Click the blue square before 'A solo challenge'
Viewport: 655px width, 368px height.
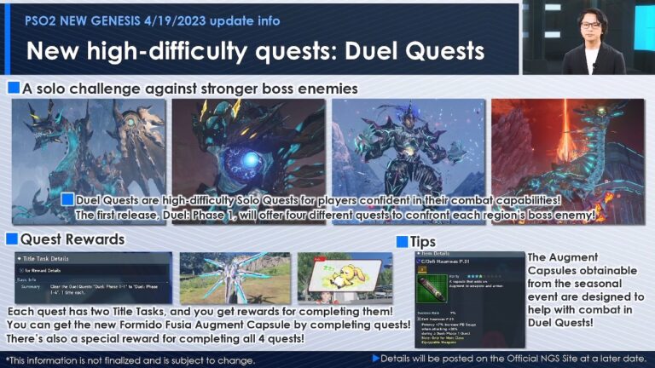click(x=14, y=88)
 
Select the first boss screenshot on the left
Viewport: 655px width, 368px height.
click(x=89, y=151)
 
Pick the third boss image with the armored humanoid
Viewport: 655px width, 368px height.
click(x=408, y=151)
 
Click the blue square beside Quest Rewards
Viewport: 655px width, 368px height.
click(x=11, y=239)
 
